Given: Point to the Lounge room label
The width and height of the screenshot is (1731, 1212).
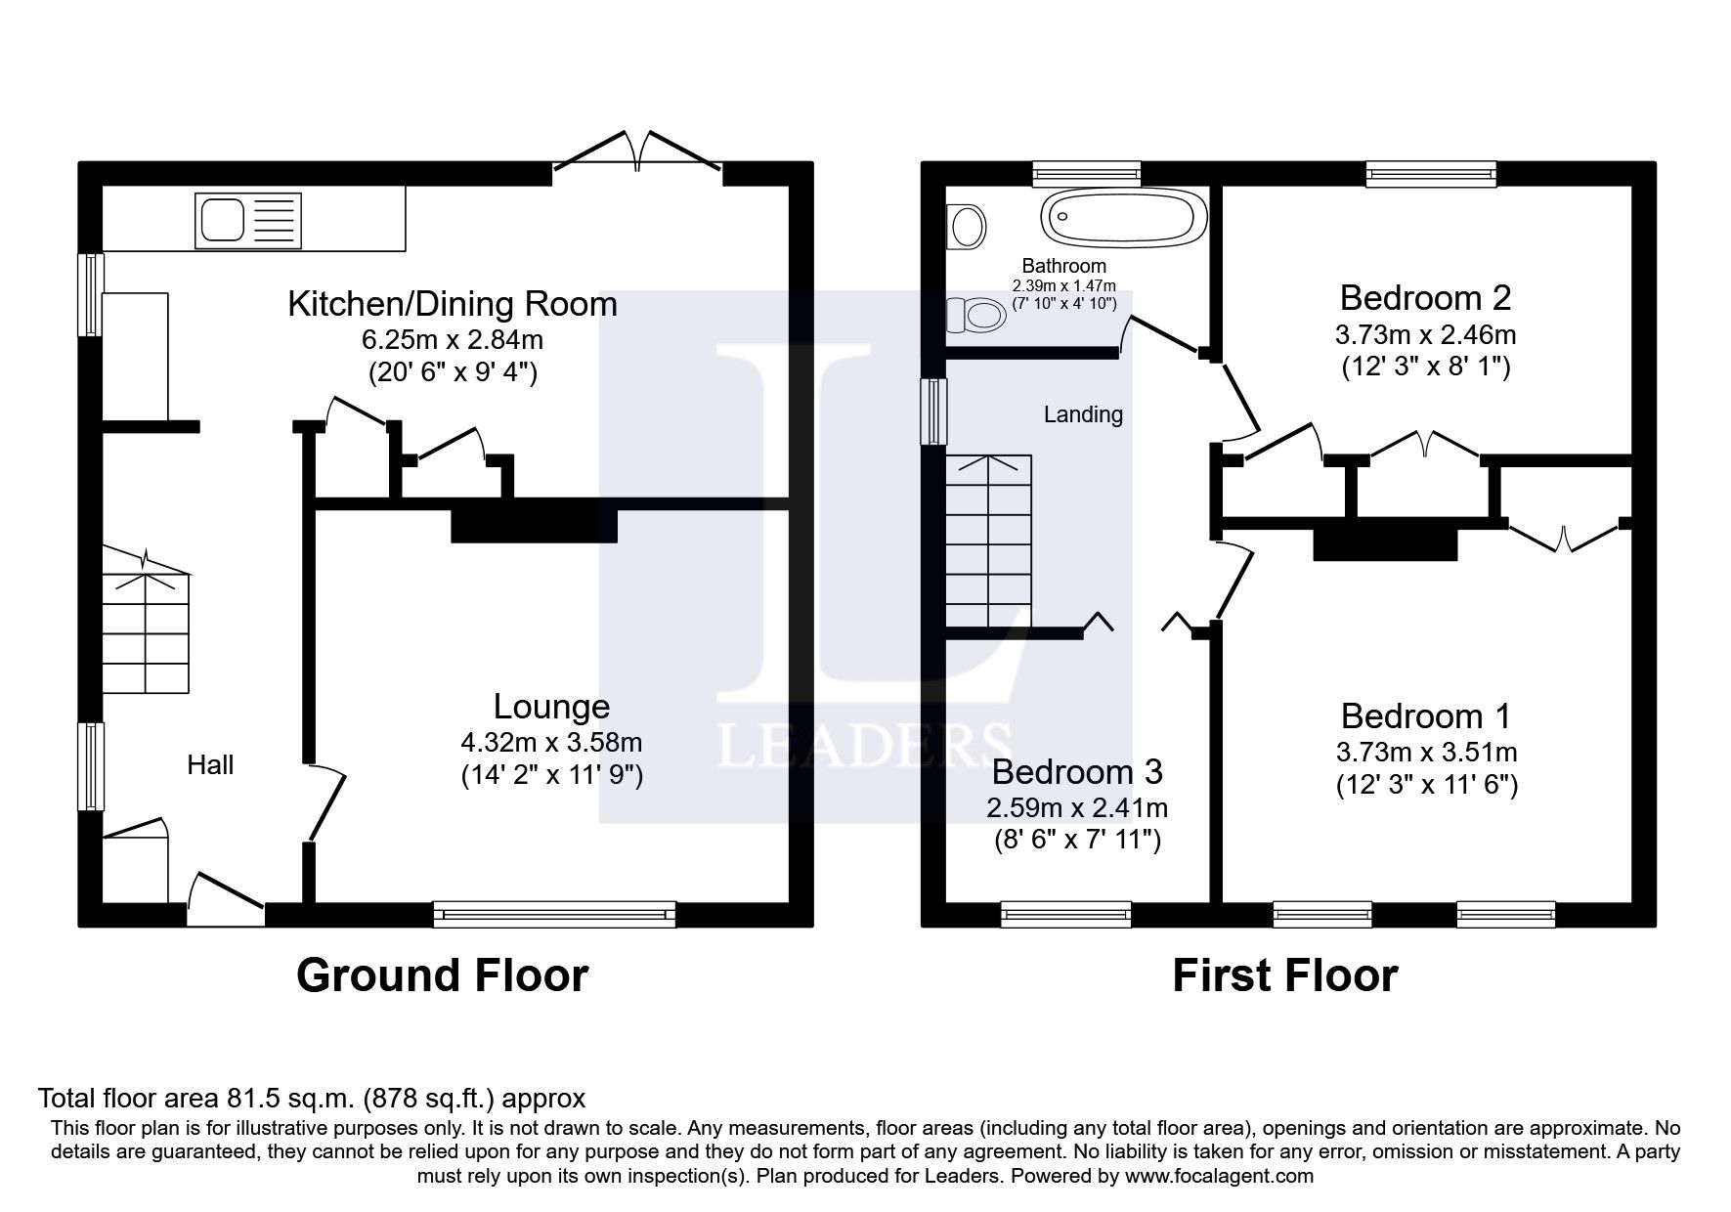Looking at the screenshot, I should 551,707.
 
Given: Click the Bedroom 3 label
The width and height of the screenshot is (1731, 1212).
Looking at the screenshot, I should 1076,772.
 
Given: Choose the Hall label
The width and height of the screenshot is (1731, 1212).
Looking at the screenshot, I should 210,765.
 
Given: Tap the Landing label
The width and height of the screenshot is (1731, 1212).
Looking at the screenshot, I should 1083,414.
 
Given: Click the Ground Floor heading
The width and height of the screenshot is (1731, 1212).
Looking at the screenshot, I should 442,975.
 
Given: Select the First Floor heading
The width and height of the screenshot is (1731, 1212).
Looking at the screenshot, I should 1284,975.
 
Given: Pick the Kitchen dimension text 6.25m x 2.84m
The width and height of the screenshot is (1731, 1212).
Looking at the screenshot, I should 453,340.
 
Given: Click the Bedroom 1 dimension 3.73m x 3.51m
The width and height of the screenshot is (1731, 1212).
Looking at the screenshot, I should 1426,753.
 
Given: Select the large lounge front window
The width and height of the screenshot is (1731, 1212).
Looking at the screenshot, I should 554,915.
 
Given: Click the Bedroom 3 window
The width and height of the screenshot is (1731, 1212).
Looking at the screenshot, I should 1065,915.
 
